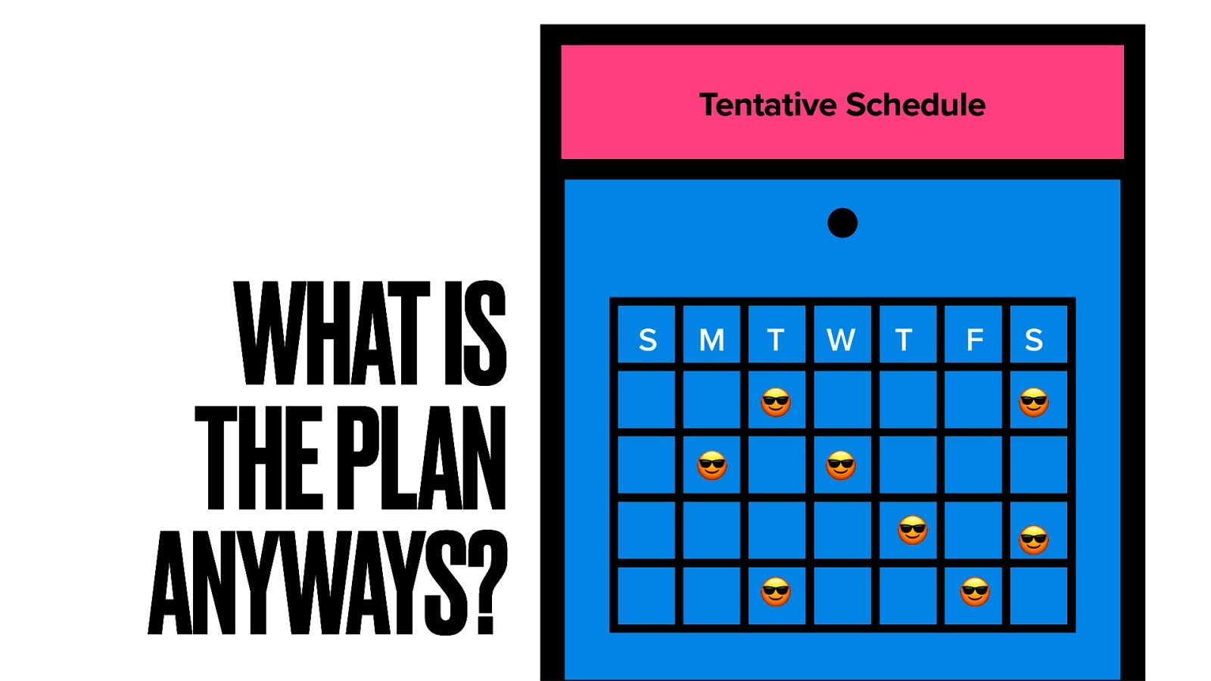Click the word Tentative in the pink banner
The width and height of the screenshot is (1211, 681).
coord(767,104)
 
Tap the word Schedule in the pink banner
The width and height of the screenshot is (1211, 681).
coord(916,104)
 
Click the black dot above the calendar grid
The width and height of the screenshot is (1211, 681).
coord(842,222)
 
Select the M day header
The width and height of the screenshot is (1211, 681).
coord(711,340)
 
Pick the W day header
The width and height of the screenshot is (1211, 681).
coord(841,340)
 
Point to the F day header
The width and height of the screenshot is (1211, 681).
coord(975,340)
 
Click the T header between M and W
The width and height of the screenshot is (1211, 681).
coord(776,340)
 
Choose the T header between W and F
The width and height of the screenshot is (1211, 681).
coord(904,340)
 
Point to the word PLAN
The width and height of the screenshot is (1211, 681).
coord(421,458)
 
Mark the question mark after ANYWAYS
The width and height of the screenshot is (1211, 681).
coord(488,582)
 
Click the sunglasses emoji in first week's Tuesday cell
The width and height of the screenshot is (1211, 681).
coord(776,402)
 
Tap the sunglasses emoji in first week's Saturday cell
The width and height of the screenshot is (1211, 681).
coord(1034,402)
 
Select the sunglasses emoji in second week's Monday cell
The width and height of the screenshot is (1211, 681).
coord(712,465)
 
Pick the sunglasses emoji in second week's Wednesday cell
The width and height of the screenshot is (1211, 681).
coord(841,465)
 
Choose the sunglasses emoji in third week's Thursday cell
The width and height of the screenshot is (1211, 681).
coord(913,530)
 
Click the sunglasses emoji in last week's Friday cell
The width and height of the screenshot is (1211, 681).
coord(975,592)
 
